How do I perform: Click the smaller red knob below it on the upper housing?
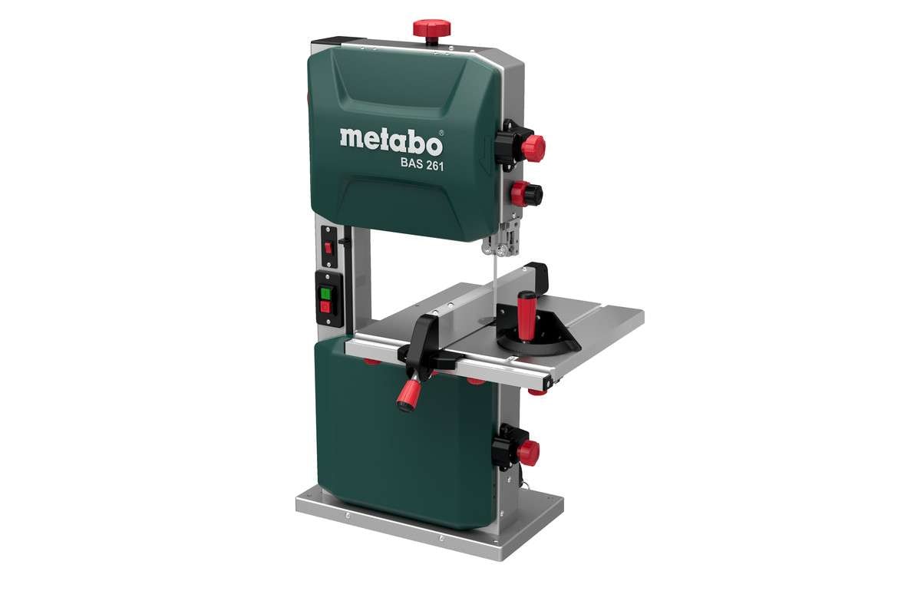(529, 194)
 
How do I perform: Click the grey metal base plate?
(430, 530)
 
